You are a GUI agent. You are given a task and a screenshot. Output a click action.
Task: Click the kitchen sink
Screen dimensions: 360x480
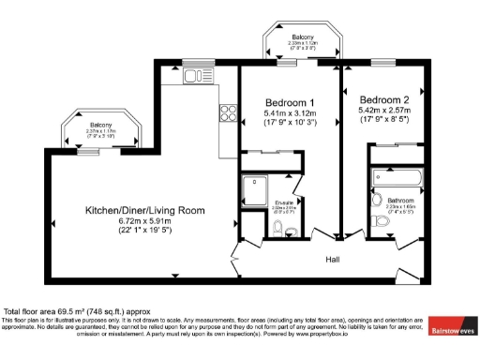(x=195, y=76)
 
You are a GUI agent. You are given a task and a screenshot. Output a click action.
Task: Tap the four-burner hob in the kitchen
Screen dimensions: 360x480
(x=227, y=113)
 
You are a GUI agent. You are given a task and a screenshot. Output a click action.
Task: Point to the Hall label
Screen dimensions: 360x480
(x=334, y=259)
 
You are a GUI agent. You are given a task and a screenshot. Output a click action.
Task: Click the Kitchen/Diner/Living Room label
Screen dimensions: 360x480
(x=144, y=210)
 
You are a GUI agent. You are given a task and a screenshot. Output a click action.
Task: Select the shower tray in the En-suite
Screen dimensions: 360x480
(x=254, y=192)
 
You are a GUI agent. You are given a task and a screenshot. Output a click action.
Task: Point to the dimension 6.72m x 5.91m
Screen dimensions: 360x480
(x=144, y=221)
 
